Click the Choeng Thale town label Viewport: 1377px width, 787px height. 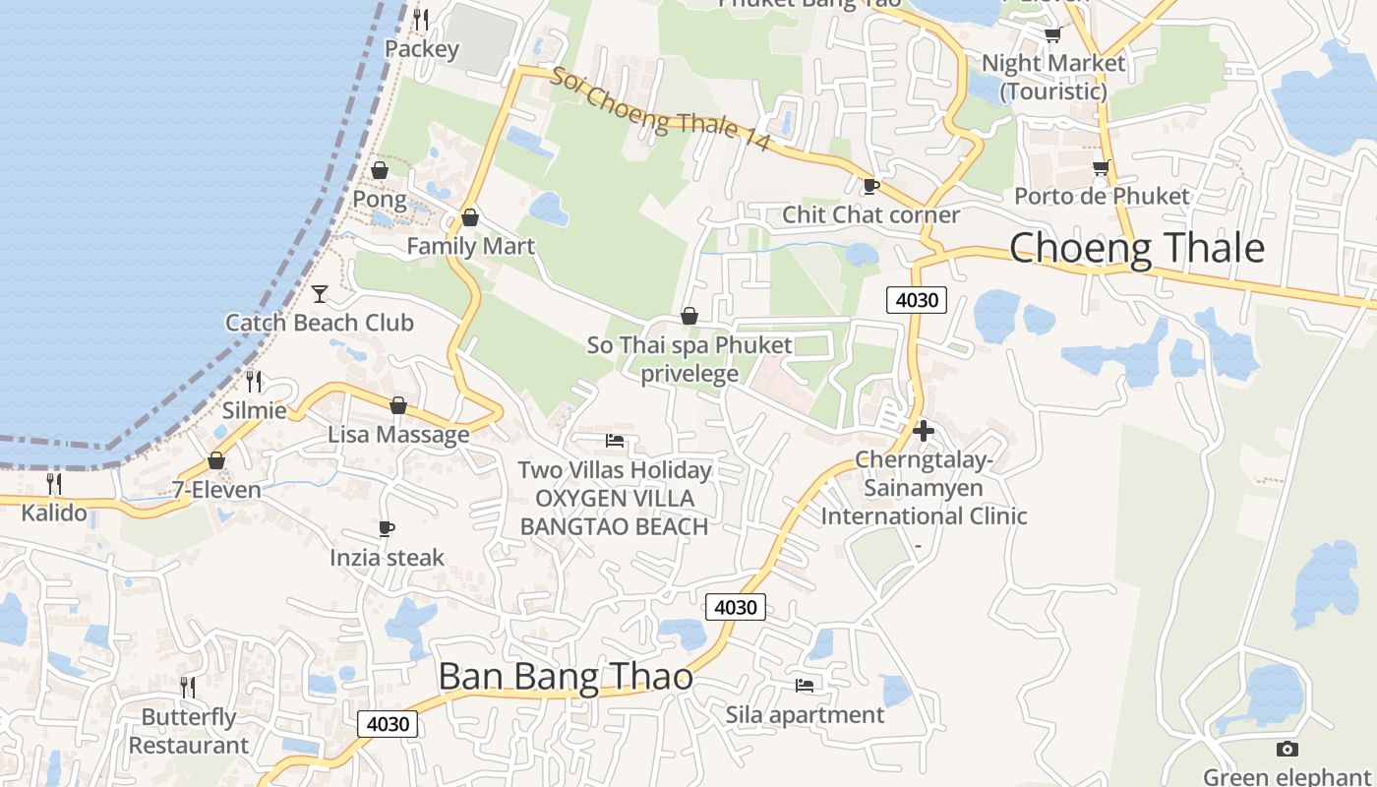1136,248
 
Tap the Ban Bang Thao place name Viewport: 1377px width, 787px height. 565,677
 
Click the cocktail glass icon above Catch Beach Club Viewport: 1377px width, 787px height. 320,293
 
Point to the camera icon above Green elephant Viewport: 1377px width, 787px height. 1287,750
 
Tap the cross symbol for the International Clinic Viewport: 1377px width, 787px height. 923,430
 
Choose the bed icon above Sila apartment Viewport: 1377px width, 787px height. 805,685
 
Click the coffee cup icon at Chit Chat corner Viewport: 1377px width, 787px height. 870,186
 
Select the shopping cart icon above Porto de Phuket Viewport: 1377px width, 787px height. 1101,168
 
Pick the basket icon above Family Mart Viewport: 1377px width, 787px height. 470,217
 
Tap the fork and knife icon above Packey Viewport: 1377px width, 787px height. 421,19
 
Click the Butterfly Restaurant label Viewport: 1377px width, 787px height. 189,731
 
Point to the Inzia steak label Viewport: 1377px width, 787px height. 387,558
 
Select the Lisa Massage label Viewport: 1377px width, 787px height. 398,435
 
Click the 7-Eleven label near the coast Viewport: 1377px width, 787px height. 216,490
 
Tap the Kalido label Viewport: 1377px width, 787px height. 54,513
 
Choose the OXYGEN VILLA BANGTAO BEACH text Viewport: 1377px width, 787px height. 614,513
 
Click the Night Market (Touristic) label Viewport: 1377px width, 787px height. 1053,77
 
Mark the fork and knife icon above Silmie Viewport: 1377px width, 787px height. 254,381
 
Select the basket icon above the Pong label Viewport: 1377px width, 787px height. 380,171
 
